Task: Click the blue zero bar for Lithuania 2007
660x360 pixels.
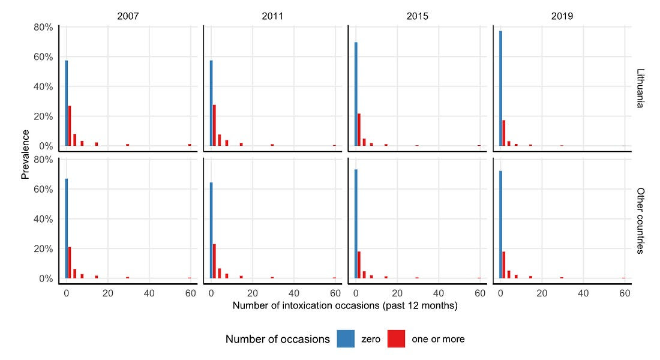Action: point(67,103)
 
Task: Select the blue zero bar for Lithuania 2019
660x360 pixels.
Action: point(500,88)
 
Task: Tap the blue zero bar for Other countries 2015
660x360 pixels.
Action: point(356,224)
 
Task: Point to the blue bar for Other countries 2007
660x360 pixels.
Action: point(67,229)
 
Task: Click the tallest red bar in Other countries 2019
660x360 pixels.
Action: point(504,265)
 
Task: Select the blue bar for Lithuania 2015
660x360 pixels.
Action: point(356,94)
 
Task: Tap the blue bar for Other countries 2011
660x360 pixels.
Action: point(211,230)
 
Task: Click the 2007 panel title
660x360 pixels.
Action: point(128,16)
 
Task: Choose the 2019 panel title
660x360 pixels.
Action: point(562,16)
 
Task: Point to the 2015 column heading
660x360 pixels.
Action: point(417,16)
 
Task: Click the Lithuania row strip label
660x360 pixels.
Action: point(640,88)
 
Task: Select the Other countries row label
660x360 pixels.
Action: point(640,221)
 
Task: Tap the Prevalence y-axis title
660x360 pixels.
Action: point(25,155)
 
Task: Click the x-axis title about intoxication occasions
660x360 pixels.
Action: point(345,305)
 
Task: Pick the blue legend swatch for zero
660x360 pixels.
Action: point(346,339)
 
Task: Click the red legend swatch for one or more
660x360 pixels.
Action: point(396,339)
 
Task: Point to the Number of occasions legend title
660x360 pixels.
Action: point(278,339)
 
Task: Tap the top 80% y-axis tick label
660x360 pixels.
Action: point(43,28)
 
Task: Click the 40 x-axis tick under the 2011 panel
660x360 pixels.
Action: point(294,293)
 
